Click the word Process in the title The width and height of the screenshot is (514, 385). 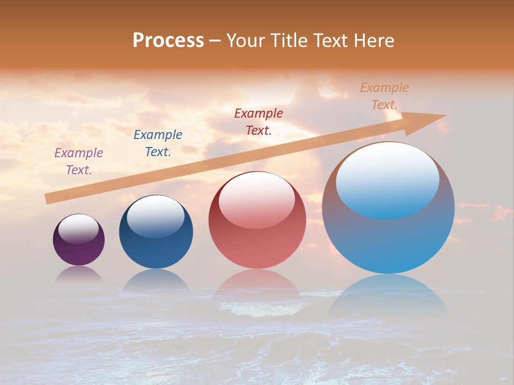pyautogui.click(x=168, y=41)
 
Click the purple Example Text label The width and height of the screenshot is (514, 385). pyautogui.click(x=79, y=161)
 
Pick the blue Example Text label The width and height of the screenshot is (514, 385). pyautogui.click(x=158, y=143)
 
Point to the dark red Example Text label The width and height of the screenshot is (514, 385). pyautogui.click(x=259, y=121)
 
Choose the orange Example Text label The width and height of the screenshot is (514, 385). pyautogui.click(x=384, y=96)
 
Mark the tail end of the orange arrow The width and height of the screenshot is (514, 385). pyautogui.click(x=48, y=198)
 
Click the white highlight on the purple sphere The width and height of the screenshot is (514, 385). pyautogui.click(x=79, y=229)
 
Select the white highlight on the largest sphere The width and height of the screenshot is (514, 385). pyautogui.click(x=387, y=179)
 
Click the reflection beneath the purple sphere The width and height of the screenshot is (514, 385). pyautogui.click(x=79, y=274)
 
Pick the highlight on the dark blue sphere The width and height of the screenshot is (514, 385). pyautogui.click(x=155, y=217)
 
